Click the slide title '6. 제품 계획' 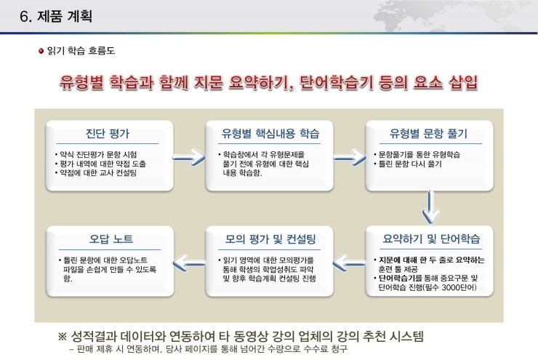coord(56,16)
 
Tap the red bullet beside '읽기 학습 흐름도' coord(41,51)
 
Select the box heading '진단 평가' coord(108,133)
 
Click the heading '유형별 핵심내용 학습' coord(270,133)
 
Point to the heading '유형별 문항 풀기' coord(428,133)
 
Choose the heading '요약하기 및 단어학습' coord(431,239)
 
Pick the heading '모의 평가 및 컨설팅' coord(270,239)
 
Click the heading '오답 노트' coord(111,239)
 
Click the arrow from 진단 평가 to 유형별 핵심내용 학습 coord(189,158)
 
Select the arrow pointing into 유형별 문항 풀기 coord(350,158)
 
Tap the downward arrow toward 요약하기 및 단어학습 coord(430,207)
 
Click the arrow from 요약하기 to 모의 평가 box coord(349,263)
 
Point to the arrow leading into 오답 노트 coord(189,263)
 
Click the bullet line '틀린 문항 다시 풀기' coord(409,164)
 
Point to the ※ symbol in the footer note coord(62,336)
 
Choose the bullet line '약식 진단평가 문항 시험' coord(97,155)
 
